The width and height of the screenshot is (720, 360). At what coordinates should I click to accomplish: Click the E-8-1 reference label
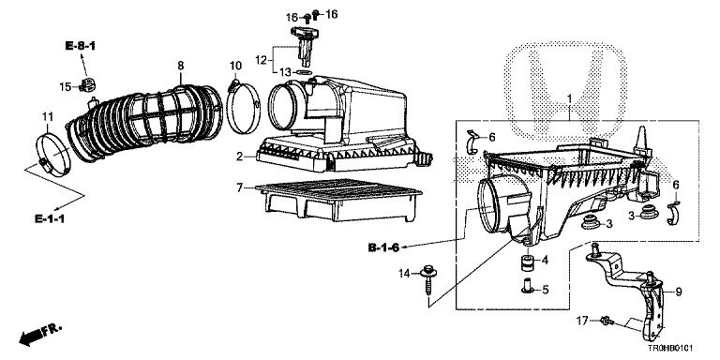(80, 46)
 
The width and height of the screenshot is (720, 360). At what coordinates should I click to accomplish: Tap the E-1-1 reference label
(50, 218)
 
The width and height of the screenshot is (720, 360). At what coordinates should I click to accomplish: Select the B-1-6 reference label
(383, 247)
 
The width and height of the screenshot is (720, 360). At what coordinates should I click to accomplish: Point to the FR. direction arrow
(40, 335)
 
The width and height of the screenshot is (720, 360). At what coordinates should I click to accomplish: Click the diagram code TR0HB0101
(670, 350)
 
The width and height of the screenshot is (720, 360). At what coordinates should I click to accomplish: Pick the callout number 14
(404, 274)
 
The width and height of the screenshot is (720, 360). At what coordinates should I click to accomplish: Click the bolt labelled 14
(429, 281)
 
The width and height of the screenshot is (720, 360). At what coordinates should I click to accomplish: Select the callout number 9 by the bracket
(679, 292)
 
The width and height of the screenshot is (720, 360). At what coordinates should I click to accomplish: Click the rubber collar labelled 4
(528, 264)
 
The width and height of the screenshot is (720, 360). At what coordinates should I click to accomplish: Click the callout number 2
(239, 157)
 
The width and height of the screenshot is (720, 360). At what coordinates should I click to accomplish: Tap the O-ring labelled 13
(303, 72)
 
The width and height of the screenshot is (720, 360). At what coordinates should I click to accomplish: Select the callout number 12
(261, 60)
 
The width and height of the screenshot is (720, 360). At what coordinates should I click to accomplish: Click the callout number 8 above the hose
(180, 66)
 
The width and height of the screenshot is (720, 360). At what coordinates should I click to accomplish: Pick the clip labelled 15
(88, 85)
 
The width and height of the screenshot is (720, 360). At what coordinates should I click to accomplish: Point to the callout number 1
(569, 98)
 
